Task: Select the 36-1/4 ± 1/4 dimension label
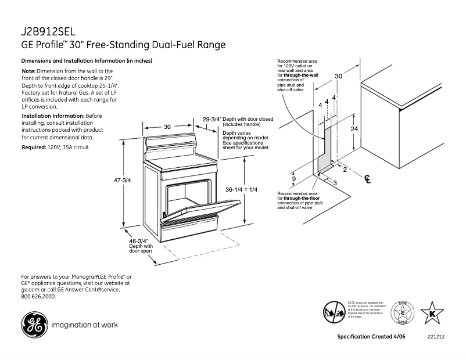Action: pos(241,190)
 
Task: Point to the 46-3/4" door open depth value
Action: pos(139,240)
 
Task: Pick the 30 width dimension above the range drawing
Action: pos(167,127)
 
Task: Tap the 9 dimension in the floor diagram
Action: pos(294,179)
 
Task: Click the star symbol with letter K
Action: pos(432,314)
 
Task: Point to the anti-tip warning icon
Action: pos(332,312)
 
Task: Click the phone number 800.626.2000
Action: pos(38,296)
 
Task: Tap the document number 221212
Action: pos(436,337)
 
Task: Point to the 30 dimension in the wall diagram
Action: pos(338,76)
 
